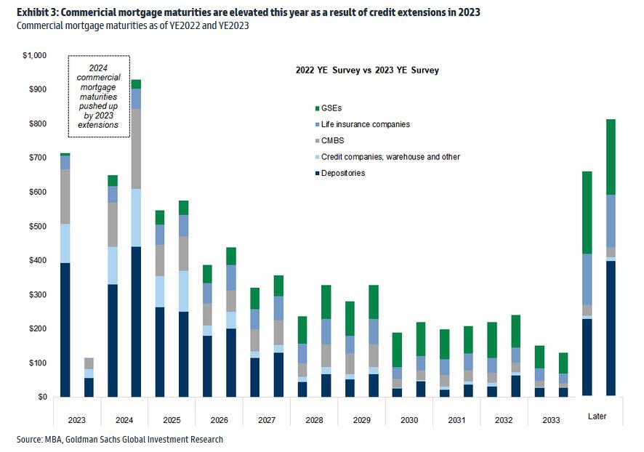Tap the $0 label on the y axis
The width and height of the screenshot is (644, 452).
tap(41, 397)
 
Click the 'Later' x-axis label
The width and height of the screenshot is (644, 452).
tap(597, 416)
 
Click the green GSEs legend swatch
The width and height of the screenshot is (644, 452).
tap(317, 108)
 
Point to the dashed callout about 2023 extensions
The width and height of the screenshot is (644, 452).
tap(99, 96)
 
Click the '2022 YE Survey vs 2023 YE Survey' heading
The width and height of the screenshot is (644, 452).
tap(367, 70)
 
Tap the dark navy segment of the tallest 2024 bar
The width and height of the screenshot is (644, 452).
tap(136, 321)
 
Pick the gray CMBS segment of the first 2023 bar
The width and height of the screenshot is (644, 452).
tap(65, 196)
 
